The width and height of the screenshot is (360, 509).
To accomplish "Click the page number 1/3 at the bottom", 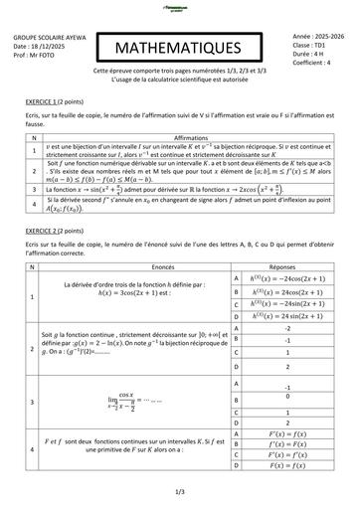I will [x=180, y=490].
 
